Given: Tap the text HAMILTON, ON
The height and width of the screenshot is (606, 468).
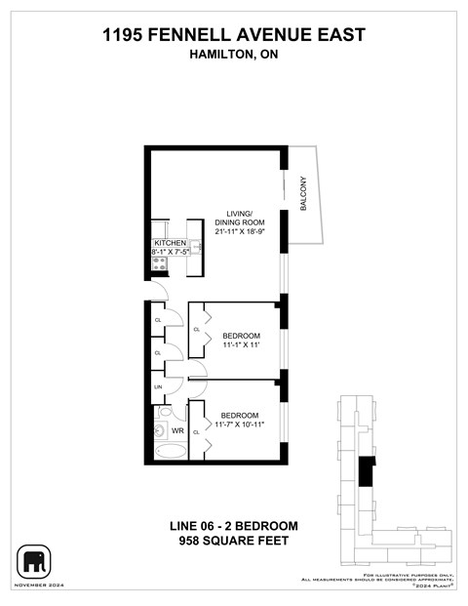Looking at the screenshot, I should pyautogui.click(x=233, y=56).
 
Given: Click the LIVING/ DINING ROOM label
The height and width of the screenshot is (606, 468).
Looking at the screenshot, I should pyautogui.click(x=239, y=218).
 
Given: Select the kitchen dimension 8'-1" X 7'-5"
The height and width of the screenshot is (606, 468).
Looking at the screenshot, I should pyautogui.click(x=170, y=252).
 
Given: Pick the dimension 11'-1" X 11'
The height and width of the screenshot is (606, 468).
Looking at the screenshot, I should pyautogui.click(x=234, y=345).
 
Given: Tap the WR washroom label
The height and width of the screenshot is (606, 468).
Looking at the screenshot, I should pyautogui.click(x=177, y=429).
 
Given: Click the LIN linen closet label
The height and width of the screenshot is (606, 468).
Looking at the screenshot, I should pyautogui.click(x=157, y=387).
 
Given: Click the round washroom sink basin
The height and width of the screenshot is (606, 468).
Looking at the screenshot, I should pyautogui.click(x=158, y=429).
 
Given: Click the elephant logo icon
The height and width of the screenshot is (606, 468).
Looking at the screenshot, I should pyautogui.click(x=34, y=561).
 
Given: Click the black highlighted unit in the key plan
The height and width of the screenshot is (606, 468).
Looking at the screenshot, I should pyautogui.click(x=366, y=471).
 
